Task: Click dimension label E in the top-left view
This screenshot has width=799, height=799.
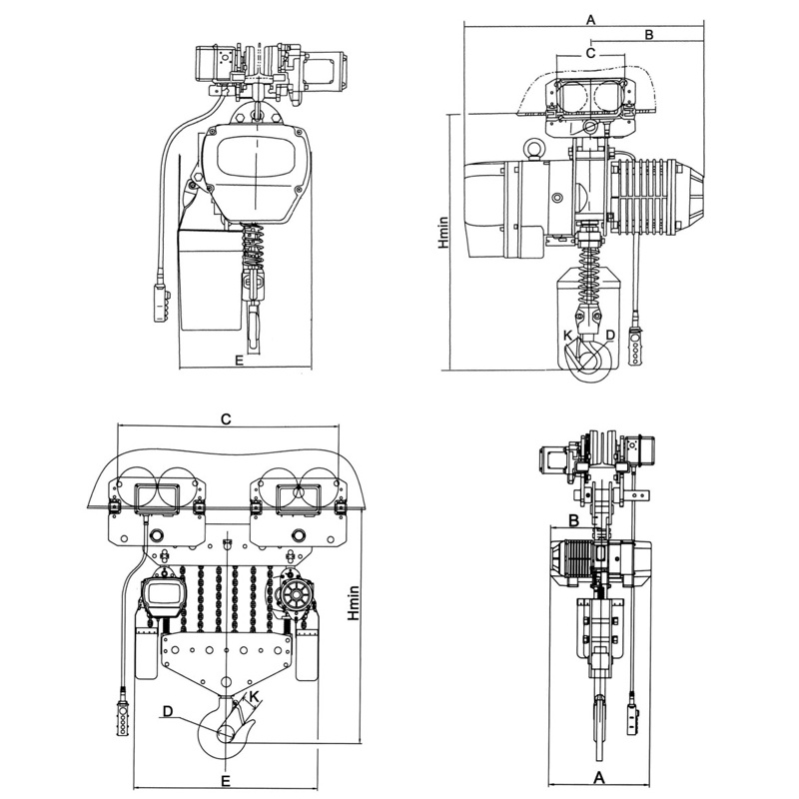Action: point(239,360)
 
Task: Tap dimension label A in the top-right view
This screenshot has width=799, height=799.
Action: point(590,20)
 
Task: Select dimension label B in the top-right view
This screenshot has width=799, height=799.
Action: point(648,35)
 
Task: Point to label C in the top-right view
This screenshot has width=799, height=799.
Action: point(590,53)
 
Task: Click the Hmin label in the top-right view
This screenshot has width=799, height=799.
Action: point(443,233)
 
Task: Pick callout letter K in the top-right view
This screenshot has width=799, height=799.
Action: point(567,336)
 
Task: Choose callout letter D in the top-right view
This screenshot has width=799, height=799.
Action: point(610,336)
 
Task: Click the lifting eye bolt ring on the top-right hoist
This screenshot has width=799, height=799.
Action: point(533,148)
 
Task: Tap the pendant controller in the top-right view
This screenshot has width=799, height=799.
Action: point(635,347)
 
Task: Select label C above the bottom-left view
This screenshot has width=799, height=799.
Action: point(226,418)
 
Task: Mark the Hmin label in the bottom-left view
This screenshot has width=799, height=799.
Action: point(354,603)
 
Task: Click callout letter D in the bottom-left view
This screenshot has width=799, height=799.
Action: point(168,711)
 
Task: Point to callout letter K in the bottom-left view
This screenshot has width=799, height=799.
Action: point(255,696)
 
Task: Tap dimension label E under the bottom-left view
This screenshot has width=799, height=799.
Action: point(226,781)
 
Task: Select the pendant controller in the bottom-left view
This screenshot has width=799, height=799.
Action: point(122,717)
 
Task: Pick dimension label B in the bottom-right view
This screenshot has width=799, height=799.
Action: point(573,520)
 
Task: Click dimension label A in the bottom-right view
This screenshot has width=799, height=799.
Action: point(599,778)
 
